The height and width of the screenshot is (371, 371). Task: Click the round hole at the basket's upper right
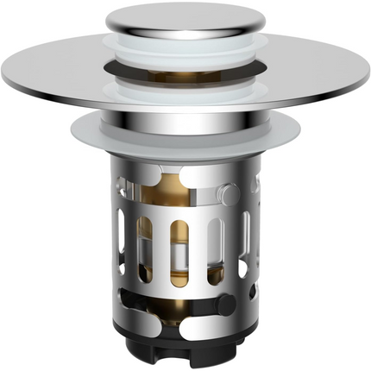click(225, 191)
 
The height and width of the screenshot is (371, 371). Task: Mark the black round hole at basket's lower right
click(226, 304)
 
